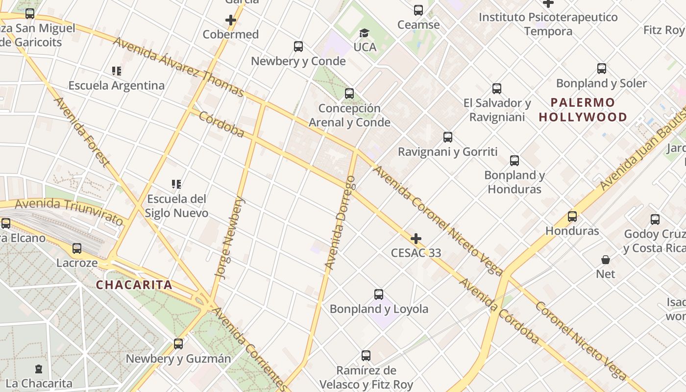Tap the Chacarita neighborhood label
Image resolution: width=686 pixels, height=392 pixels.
[x=134, y=285]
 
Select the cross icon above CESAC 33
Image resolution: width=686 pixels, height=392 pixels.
[x=416, y=239]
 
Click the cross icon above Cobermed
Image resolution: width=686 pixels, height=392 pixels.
[x=231, y=20]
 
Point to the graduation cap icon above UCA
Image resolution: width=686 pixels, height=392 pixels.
[x=364, y=33]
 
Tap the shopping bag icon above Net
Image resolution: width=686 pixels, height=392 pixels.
[x=606, y=259]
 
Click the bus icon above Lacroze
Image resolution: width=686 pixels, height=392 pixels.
[x=77, y=248]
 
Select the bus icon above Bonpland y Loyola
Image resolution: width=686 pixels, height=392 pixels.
[x=379, y=294]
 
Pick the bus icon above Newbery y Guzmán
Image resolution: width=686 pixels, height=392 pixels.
[x=178, y=344]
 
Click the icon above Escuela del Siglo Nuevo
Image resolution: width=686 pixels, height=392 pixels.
[x=176, y=184]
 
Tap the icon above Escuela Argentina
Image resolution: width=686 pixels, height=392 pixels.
[x=116, y=71]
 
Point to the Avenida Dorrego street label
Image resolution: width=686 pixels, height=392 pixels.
[x=340, y=223]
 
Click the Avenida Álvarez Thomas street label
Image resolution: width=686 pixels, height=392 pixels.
[x=178, y=67]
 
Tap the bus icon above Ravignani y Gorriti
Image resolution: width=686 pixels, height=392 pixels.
[x=447, y=137]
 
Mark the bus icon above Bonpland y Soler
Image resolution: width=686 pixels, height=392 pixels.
[x=601, y=69]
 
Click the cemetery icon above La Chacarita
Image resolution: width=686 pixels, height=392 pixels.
[x=39, y=369]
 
